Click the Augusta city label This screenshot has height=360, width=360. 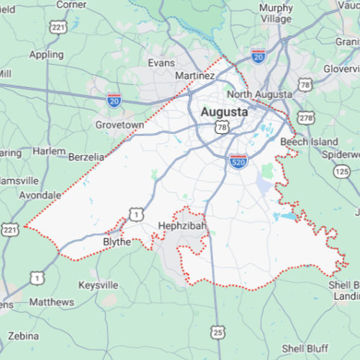223,112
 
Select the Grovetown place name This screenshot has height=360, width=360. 120,125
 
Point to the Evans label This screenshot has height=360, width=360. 161,63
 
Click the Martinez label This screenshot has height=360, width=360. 195,76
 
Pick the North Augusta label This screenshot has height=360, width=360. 259,94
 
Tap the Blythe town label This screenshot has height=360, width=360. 117,242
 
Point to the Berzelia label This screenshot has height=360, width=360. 87,157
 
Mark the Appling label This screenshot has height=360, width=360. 46,54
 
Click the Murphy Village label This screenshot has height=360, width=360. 276,14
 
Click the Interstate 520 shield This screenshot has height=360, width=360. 239,161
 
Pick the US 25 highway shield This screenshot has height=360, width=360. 217,332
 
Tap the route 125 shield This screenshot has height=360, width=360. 341,171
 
